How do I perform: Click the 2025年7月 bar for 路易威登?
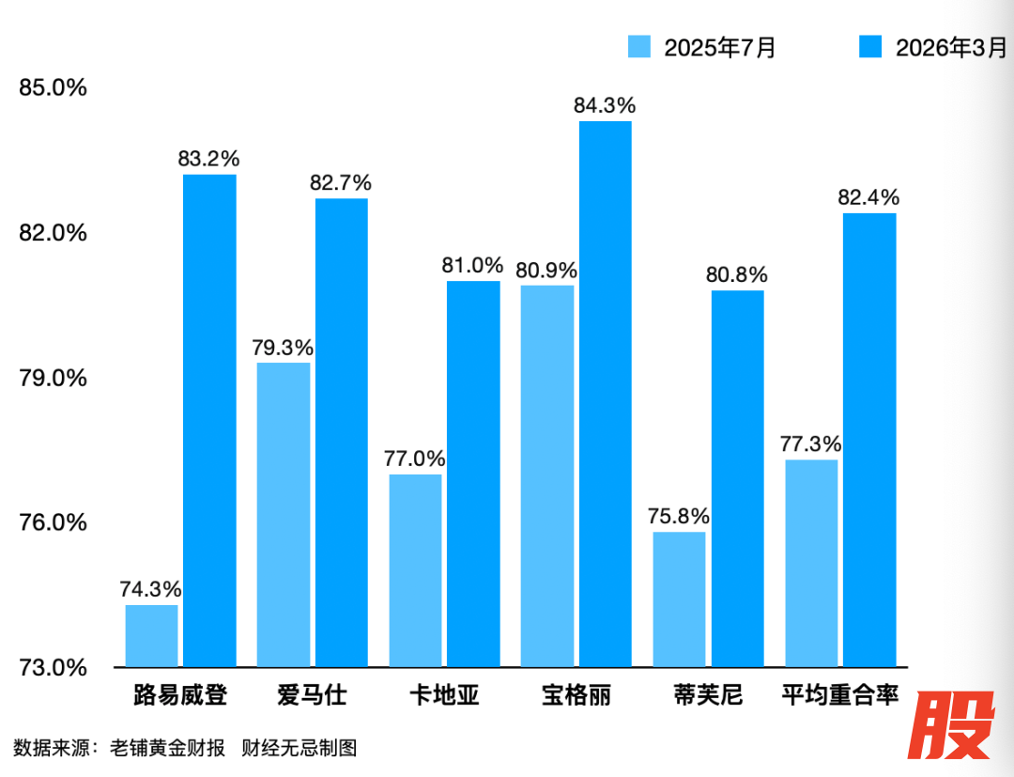pos(151,636)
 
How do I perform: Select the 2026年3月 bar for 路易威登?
pos(209,421)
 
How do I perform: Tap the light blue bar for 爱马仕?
pos(284,515)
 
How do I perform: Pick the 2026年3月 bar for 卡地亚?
pos(473,474)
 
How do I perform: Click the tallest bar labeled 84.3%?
pos(606,394)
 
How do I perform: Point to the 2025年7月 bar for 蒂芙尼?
pos(679,599)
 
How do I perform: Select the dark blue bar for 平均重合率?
pos(869,440)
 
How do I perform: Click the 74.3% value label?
pos(150,590)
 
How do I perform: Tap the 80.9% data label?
pos(546,271)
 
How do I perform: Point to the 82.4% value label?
pos(869,198)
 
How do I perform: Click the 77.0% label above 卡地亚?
pos(414,459)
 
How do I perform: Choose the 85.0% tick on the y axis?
pos(54,88)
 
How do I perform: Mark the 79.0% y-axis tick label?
pos(54,378)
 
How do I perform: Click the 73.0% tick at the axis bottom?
pos(54,668)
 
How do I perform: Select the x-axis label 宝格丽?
pos(576,696)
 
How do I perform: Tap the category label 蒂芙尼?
pos(708,696)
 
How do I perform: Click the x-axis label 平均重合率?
pos(840,696)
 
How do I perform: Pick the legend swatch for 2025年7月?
pos(639,47)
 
